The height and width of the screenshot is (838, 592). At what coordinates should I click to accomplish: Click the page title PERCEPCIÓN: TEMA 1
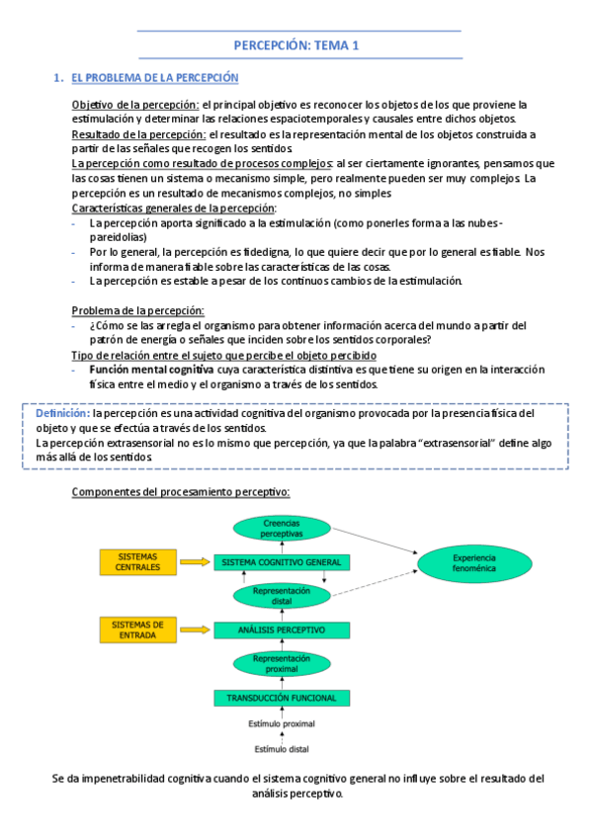click(296, 45)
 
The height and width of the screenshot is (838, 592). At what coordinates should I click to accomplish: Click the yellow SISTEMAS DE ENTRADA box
click(137, 628)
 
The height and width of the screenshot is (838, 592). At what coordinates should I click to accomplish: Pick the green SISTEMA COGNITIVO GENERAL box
click(282, 562)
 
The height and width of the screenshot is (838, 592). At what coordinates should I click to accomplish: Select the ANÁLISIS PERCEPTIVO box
click(282, 629)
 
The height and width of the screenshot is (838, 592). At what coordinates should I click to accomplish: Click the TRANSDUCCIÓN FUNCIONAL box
click(282, 698)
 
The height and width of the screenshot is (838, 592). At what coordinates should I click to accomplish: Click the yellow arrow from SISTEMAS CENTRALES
click(199, 561)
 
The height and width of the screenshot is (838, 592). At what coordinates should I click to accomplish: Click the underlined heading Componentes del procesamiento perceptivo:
click(181, 491)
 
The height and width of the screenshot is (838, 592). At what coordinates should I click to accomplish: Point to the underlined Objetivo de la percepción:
click(135, 104)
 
